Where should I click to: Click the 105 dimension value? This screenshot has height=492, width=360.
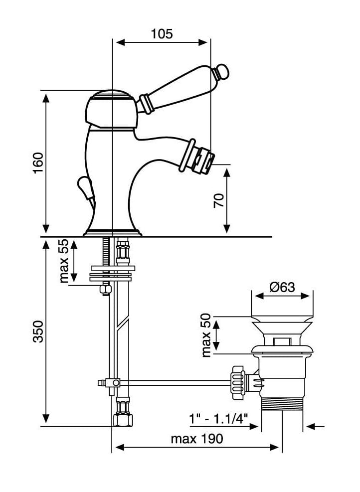pyautogui.click(x=162, y=34)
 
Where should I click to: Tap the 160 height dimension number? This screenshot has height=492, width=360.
pyautogui.click(x=38, y=163)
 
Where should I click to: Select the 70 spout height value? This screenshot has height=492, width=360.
pyautogui.click(x=219, y=200)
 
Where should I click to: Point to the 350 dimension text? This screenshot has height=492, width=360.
pyautogui.click(x=38, y=331)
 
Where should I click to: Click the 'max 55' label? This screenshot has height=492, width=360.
pyautogui.click(x=64, y=261)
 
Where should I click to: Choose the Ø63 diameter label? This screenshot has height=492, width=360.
pyautogui.click(x=282, y=287)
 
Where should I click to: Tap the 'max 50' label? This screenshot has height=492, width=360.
pyautogui.click(x=206, y=335)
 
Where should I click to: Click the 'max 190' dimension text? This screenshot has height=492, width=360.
pyautogui.click(x=197, y=439)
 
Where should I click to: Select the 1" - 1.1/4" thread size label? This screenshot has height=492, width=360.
pyautogui.click(x=219, y=418)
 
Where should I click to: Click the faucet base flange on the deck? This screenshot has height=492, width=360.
pyautogui.click(x=112, y=232)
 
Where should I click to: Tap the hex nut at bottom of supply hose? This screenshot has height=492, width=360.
pyautogui.click(x=123, y=420)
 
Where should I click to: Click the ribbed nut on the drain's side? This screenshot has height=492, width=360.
pyautogui.click(x=238, y=382)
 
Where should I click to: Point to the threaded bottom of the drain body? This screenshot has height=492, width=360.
pyautogui.click(x=282, y=403)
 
